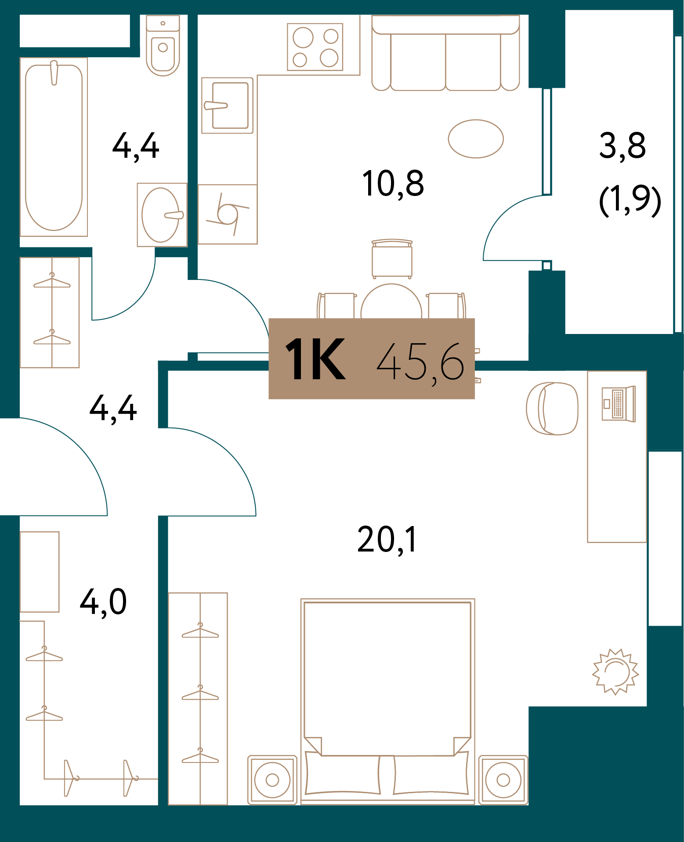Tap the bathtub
[x=54, y=147]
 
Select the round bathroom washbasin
[x=161, y=215]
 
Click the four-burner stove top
[x=315, y=47]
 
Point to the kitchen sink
[x=228, y=105]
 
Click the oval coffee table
[x=476, y=139]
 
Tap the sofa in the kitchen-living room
[x=445, y=55]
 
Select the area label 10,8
[x=393, y=184]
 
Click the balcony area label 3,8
[x=622, y=146]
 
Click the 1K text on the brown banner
[x=315, y=359]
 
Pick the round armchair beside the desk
[x=552, y=408]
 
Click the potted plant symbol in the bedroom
[x=615, y=672]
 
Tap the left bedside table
[x=272, y=780]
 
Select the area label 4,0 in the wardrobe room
[x=103, y=602]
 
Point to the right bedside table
[x=503, y=780]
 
